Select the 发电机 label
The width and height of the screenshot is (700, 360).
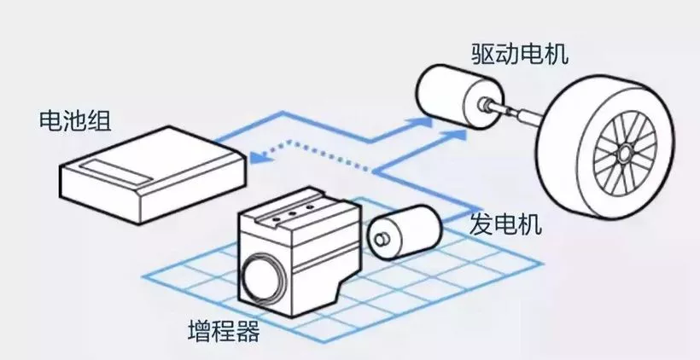tap(505, 225)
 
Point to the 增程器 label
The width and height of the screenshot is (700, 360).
tap(223, 330)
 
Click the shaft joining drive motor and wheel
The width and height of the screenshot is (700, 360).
tap(512, 110)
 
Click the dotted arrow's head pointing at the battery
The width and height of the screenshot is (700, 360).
tap(256, 155)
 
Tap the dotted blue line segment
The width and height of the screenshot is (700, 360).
tap(316, 155)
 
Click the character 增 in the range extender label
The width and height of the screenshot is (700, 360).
tap(199, 330)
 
